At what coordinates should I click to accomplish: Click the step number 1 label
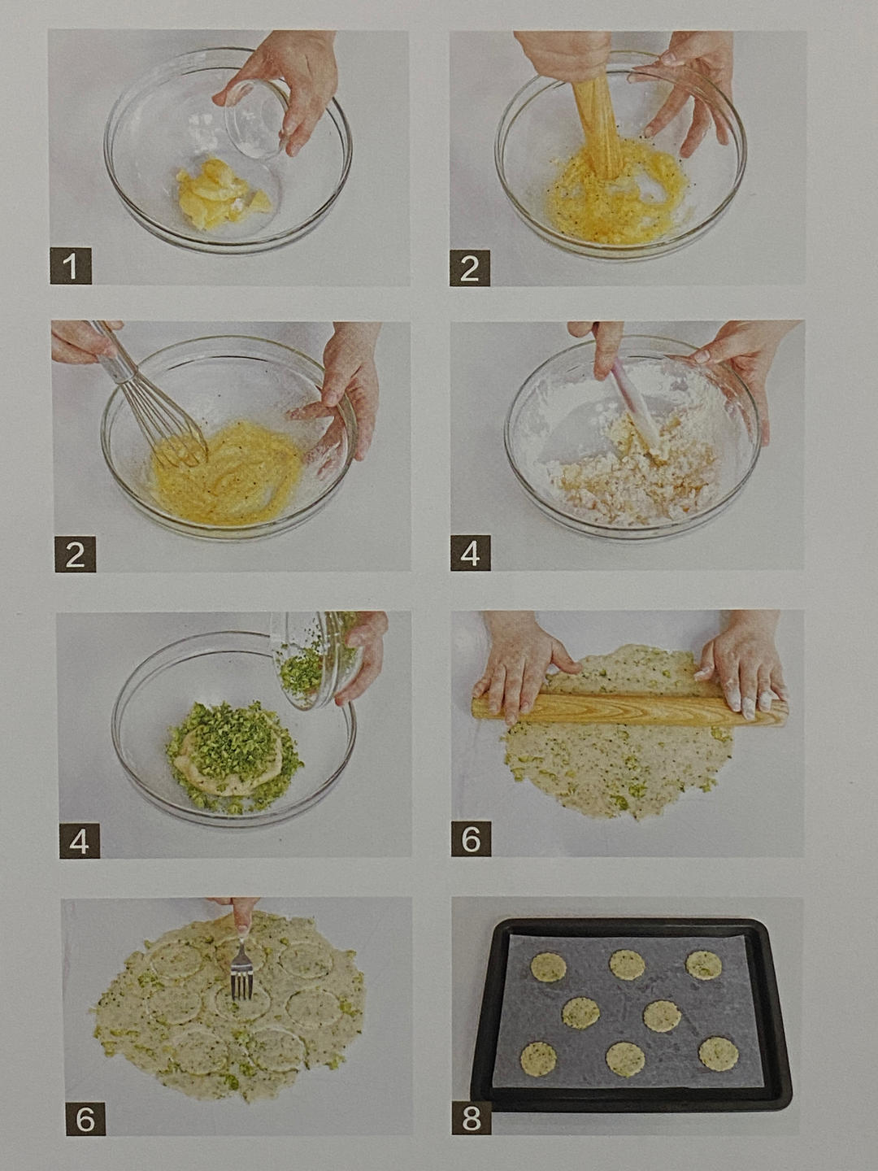click(x=71, y=267)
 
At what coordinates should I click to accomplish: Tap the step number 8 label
click(x=471, y=1118)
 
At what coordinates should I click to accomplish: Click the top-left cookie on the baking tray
click(x=548, y=967)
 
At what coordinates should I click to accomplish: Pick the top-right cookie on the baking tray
click(x=703, y=964)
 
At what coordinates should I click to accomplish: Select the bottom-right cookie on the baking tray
click(x=718, y=1053)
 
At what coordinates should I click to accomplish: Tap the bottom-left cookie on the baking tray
click(x=538, y=1057)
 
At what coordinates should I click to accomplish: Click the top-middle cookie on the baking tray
click(x=627, y=964)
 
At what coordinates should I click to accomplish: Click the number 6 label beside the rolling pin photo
click(x=471, y=838)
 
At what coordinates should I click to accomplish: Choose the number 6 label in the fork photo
click(x=85, y=1120)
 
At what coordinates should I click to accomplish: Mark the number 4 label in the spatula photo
click(x=471, y=554)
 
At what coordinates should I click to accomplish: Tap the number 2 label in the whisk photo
click(x=75, y=555)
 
